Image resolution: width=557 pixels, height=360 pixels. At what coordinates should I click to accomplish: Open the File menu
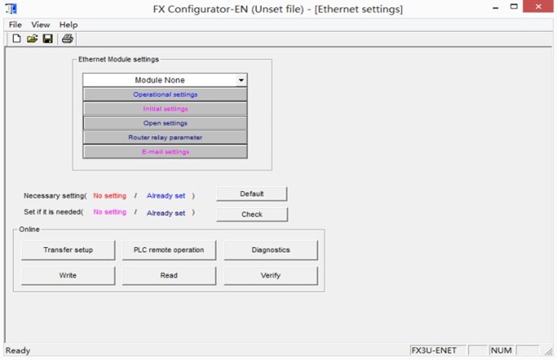coord(16,25)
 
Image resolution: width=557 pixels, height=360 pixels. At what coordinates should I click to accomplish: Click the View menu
coord(41,25)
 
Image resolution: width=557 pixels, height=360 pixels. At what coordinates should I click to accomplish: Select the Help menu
coord(69,25)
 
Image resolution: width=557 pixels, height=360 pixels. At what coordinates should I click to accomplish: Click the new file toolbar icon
coord(16,38)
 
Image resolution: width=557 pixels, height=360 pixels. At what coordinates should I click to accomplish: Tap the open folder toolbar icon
coord(32,38)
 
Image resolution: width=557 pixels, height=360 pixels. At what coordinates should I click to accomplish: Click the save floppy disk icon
coord(48,38)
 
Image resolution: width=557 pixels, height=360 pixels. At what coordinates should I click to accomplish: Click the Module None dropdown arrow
coord(241,80)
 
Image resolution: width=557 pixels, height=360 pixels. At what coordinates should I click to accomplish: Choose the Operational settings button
coord(165,94)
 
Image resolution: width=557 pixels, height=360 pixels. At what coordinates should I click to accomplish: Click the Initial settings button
coord(165,109)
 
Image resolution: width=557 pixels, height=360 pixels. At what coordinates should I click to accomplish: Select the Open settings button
coord(165,123)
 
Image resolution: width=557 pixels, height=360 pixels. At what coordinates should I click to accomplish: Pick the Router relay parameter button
coord(165,137)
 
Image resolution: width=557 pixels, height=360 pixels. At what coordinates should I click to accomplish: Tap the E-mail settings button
coord(165,152)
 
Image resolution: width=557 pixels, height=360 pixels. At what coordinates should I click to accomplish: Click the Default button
coord(252,194)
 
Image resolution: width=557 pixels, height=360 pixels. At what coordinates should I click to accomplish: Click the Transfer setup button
coord(69,250)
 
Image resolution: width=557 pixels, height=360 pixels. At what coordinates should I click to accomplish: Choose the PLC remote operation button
coord(169,250)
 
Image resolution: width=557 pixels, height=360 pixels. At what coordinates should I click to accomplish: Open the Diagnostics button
coord(270,250)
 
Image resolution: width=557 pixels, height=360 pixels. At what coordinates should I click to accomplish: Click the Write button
coord(69,275)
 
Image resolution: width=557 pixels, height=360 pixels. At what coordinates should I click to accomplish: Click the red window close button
coord(538,6)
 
